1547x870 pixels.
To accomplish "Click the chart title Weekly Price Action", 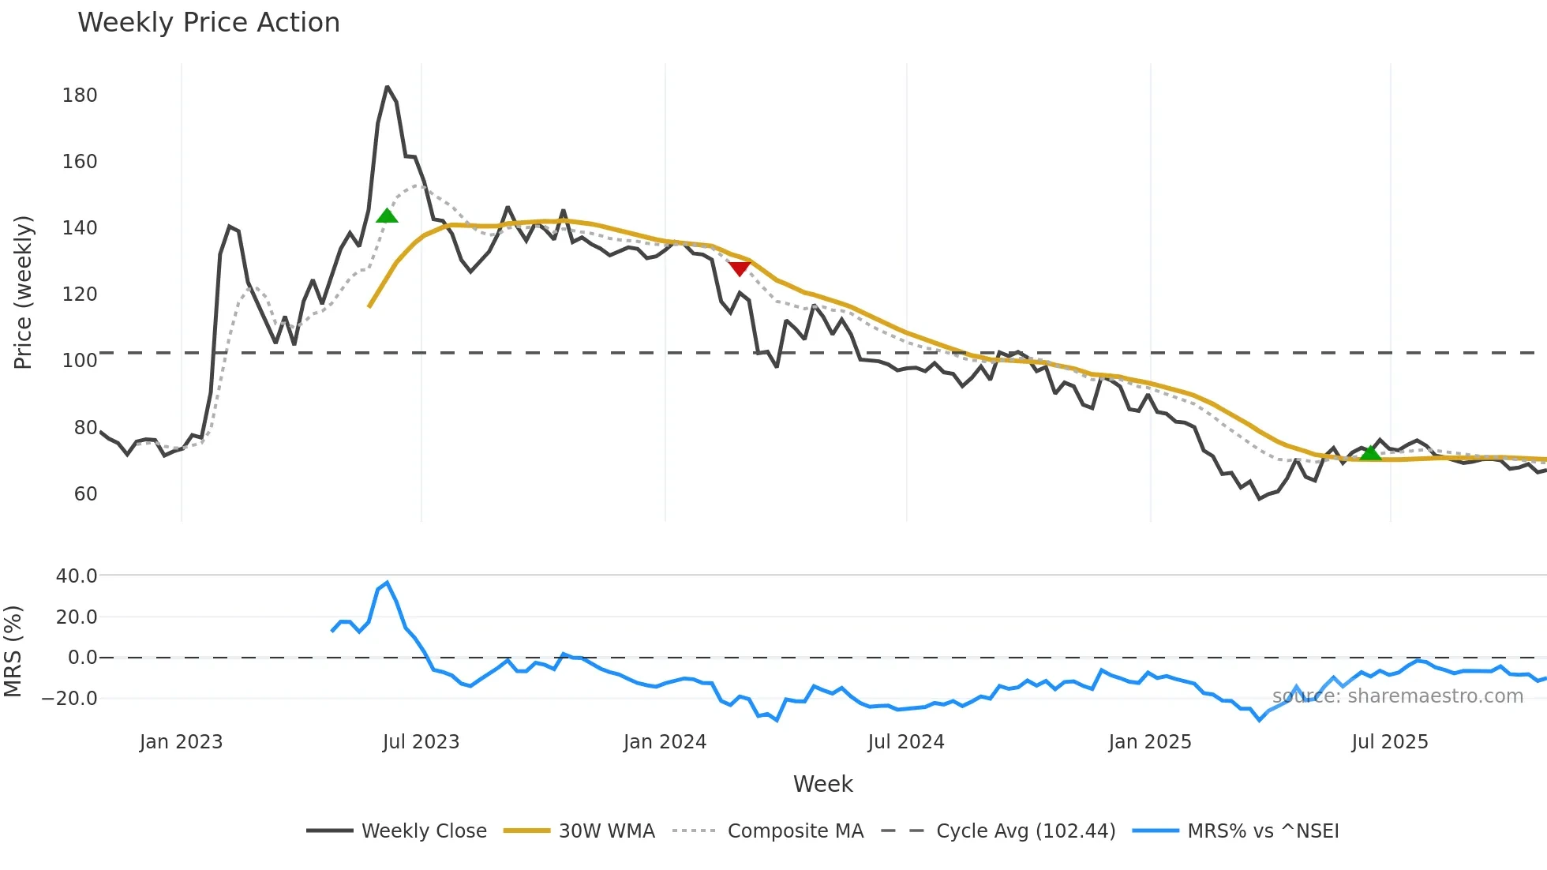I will pos(208,23).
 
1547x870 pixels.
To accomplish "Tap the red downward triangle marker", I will pos(739,268).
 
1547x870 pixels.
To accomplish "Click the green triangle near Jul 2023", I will pos(387,216).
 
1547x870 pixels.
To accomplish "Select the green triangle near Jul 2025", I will pos(1371,452).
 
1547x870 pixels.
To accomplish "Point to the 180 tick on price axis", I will pos(80,96).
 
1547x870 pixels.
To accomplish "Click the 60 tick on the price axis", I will pos(85,494).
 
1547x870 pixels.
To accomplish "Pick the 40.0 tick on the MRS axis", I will pos(77,576).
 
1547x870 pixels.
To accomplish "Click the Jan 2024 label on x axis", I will pos(665,742).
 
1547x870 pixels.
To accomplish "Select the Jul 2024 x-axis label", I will pos(906,742).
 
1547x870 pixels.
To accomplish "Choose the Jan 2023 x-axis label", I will pos(181,742).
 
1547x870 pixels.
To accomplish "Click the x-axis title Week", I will pos(822,784).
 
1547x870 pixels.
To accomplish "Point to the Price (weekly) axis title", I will pos(23,292).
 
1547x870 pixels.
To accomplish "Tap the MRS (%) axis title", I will pos(13,651).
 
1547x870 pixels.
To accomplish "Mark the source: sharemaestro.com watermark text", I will pos(1397,696).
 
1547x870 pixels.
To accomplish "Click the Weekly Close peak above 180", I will pos(387,87).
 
